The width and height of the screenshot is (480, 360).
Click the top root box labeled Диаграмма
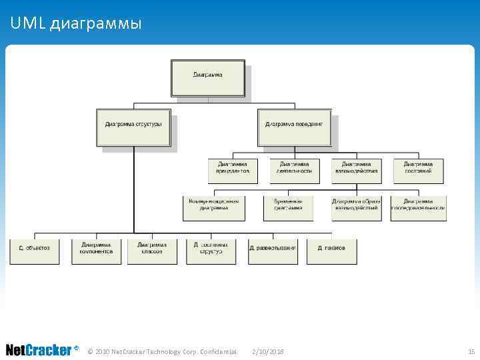(x=208, y=78)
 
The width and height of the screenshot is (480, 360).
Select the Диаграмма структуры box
(x=133, y=127)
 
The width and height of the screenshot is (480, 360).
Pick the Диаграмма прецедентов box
(x=232, y=170)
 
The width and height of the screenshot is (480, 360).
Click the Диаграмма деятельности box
(x=295, y=170)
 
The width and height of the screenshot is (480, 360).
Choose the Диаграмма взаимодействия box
(x=356, y=170)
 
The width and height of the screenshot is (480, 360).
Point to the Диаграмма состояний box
(x=418, y=170)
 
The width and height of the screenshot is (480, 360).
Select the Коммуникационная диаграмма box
(x=213, y=207)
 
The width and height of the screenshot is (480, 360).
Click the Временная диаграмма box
(x=288, y=207)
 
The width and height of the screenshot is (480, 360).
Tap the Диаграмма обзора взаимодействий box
(x=356, y=207)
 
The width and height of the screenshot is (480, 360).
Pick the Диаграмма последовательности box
(x=418, y=207)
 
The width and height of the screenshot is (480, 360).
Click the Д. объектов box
(x=35, y=251)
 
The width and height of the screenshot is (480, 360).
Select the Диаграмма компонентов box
(x=97, y=251)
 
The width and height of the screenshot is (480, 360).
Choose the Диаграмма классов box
(x=153, y=251)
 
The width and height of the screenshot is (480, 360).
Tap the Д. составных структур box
(x=211, y=251)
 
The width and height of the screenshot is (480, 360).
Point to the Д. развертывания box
(x=273, y=251)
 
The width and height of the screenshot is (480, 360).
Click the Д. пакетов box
(x=331, y=251)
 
